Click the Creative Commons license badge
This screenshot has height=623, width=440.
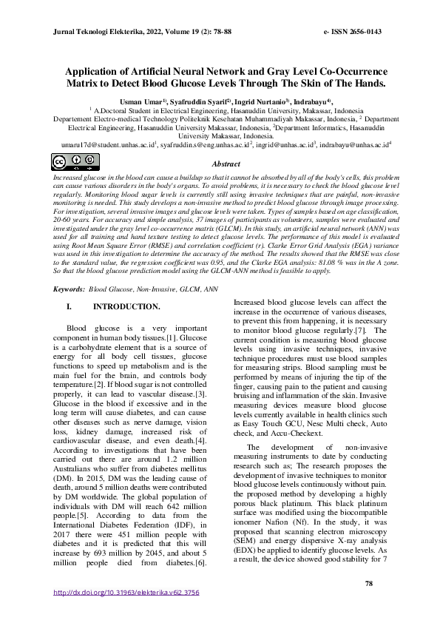(x=66, y=162)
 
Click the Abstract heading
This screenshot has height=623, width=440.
(x=226, y=164)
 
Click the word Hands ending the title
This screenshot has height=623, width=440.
(x=368, y=84)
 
